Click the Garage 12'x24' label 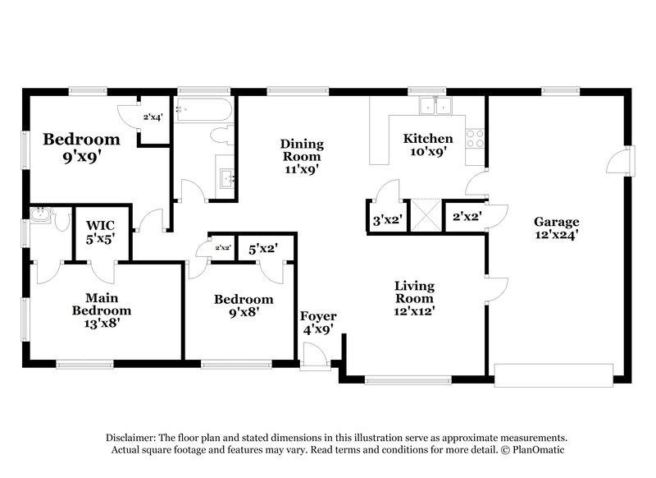(557, 228)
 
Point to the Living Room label (414, 297)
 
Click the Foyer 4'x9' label (318, 324)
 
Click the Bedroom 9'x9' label (81, 147)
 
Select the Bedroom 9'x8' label (244, 306)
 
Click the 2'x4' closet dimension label (153, 117)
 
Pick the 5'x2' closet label (262, 246)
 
